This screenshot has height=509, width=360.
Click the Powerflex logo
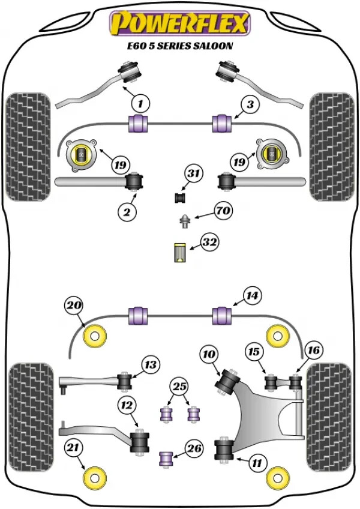click(x=179, y=23)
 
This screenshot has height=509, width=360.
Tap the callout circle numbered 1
click(x=140, y=104)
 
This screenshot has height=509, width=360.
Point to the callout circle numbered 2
click(x=127, y=211)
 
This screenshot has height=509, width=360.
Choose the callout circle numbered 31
click(x=193, y=174)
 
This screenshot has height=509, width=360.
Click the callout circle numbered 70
click(x=223, y=211)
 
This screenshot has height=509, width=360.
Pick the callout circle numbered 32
click(x=209, y=243)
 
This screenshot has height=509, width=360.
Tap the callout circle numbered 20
click(x=74, y=306)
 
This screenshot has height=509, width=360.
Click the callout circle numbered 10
click(x=209, y=355)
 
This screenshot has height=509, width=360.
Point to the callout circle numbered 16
click(x=314, y=350)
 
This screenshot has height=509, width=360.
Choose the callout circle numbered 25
click(x=178, y=386)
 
